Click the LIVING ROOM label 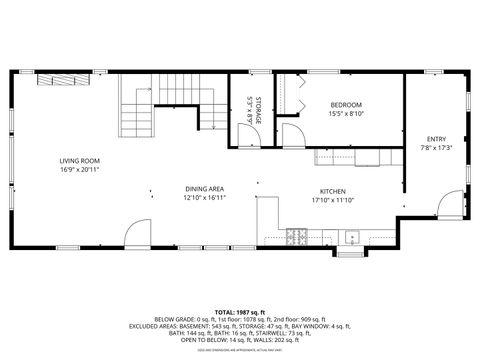pyautogui.click(x=79, y=160)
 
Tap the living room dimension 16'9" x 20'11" pyautogui.click(x=79, y=170)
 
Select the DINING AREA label pyautogui.click(x=203, y=188)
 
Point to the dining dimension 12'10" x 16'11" pyautogui.click(x=203, y=198)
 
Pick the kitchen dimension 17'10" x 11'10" pyautogui.click(x=332, y=200)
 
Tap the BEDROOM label pyautogui.click(x=345, y=105)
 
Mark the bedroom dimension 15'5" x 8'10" pyautogui.click(x=345, y=115)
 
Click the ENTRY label pyautogui.click(x=436, y=139)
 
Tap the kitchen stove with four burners pyautogui.click(x=296, y=237)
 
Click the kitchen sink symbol pyautogui.click(x=351, y=238)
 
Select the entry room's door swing pyautogui.click(x=450, y=206)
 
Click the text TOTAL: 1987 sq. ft pyautogui.click(x=240, y=312)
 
